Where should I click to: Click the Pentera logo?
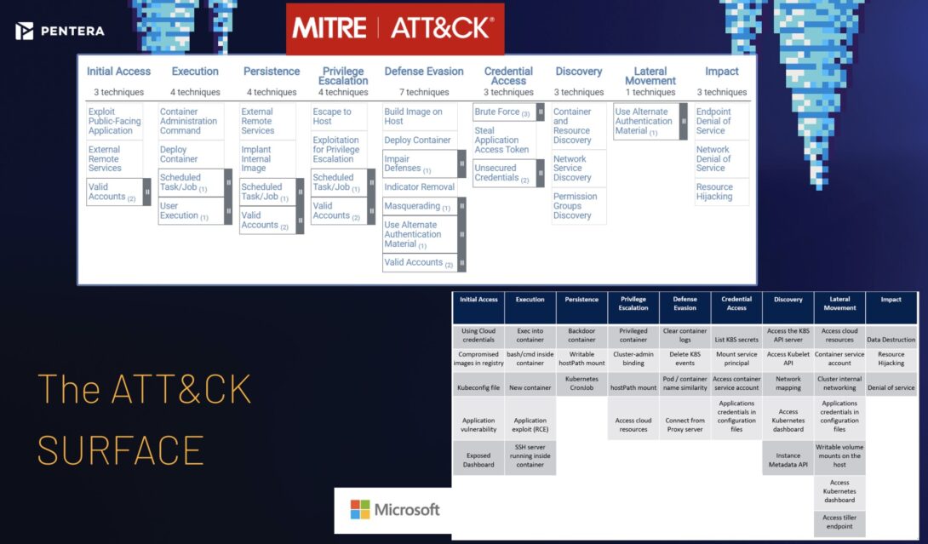(60, 31)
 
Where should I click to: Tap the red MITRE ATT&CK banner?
(394, 29)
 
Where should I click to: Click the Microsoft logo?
(395, 509)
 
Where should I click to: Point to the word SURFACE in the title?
(120, 450)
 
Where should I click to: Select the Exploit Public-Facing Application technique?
(116, 121)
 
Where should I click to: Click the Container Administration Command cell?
(190, 121)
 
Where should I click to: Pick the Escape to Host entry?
(332, 117)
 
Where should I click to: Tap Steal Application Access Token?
(502, 140)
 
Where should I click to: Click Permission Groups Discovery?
(577, 206)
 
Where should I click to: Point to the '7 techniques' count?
(423, 92)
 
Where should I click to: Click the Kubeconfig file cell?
(478, 387)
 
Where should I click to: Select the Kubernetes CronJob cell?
(581, 382)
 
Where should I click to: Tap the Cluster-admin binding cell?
(633, 358)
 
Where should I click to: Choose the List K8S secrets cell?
(736, 340)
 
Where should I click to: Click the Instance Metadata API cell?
(788, 460)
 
